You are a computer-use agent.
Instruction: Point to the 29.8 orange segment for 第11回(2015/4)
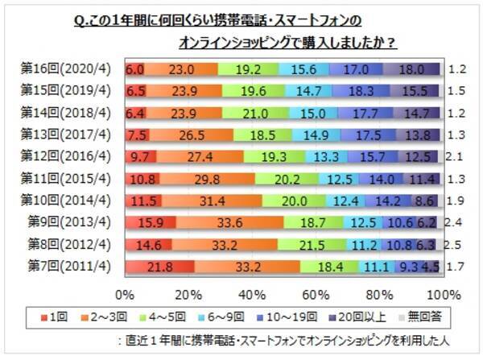pyautogui.click(x=208, y=176)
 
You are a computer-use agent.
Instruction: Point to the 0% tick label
pyautogui.click(x=125, y=291)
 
